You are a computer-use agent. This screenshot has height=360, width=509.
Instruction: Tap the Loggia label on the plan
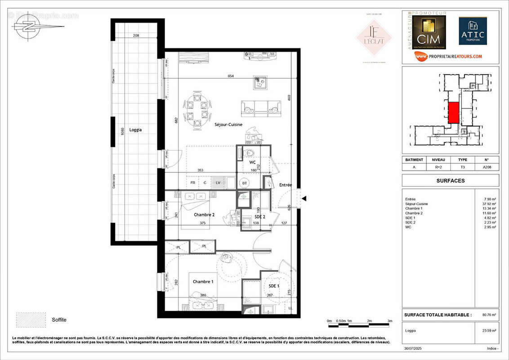tap(135, 130)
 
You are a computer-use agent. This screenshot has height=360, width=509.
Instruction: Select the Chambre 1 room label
tap(203, 281)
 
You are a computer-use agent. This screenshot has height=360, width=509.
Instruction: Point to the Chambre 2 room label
tap(205, 215)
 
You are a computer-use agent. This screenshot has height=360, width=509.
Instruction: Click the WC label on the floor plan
tap(252, 162)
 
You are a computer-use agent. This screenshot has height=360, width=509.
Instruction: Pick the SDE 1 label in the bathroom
tap(274, 286)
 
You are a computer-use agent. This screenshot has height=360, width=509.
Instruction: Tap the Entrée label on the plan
tap(286, 185)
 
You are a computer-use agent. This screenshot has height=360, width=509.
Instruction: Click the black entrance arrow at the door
tap(304, 198)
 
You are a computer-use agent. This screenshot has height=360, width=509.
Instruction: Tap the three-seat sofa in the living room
tap(261, 108)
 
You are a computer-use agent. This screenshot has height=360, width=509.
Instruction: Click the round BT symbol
tap(245, 183)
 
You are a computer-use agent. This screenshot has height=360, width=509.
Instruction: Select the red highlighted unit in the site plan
tap(454, 112)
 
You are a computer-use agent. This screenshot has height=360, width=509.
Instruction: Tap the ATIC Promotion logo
tap(473, 31)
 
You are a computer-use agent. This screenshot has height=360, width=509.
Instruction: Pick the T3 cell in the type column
tap(462, 166)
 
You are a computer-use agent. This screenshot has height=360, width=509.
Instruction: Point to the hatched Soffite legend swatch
tap(31, 319)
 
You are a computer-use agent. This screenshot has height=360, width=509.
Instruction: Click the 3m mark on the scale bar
tap(390, 321)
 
